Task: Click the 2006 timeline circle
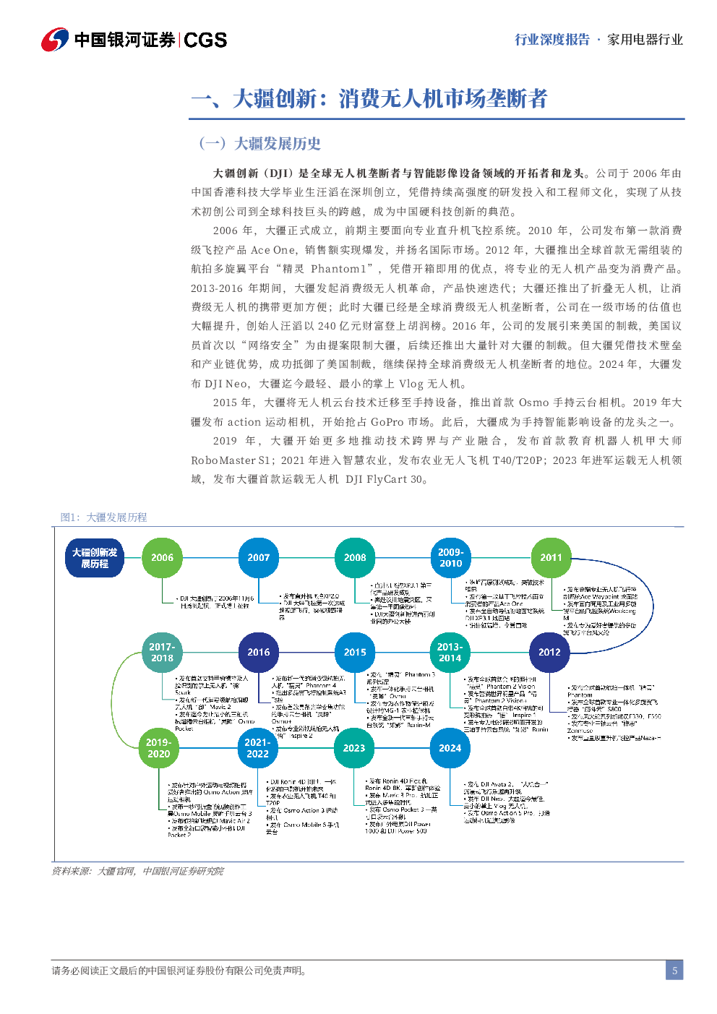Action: (x=162, y=557)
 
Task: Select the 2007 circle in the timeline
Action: (x=258, y=557)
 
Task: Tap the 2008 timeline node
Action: (x=355, y=557)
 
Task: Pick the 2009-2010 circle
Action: (x=450, y=557)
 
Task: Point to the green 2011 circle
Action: (x=551, y=557)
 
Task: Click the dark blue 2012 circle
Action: (x=549, y=652)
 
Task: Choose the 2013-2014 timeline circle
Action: (x=450, y=652)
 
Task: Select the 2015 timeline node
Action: (x=355, y=652)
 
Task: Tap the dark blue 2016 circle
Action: (x=258, y=652)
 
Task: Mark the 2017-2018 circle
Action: (x=162, y=652)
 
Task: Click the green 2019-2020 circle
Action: (x=159, y=747)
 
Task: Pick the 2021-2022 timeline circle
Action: (x=257, y=747)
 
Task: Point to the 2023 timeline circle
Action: (x=354, y=748)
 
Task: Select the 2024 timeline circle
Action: (x=450, y=748)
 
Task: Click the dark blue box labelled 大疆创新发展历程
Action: (x=95, y=558)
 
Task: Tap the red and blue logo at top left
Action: (x=54, y=40)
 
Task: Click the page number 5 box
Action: (x=674, y=971)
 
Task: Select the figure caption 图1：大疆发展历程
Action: (x=103, y=517)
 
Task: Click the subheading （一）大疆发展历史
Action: (x=259, y=143)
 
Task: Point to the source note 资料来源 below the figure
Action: (x=137, y=872)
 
